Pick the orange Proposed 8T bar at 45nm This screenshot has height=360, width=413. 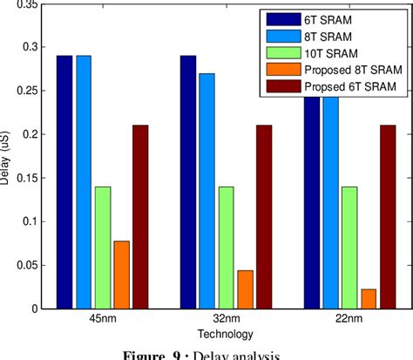click(x=121, y=275)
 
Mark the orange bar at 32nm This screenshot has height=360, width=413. click(x=245, y=289)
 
